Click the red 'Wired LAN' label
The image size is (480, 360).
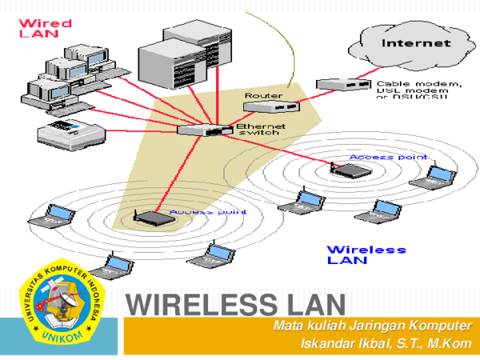click(44, 30)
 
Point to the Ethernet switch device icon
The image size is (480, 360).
click(204, 129)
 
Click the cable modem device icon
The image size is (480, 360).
click(343, 83)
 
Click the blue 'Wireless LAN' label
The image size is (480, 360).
click(366, 254)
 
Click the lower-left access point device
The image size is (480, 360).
click(151, 215)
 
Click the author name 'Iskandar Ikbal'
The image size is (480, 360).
click(349, 344)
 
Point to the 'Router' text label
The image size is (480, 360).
click(262, 95)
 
